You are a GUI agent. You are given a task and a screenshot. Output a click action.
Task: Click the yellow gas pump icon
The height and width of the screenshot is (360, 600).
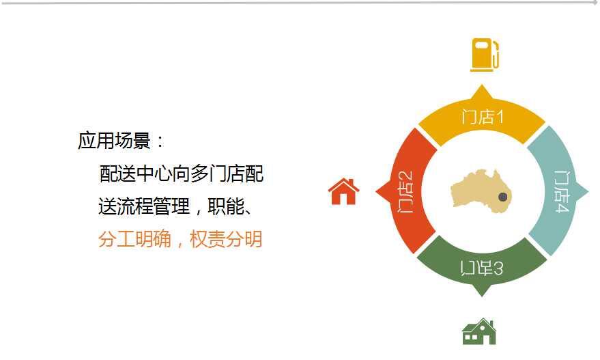pyautogui.click(x=485, y=55)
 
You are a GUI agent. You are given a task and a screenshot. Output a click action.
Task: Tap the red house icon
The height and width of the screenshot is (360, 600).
pyautogui.click(x=343, y=191)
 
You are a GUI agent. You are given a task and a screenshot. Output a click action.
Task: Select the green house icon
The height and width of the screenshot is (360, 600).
pyautogui.click(x=479, y=331)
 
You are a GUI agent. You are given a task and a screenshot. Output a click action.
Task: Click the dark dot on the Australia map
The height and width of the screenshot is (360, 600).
pyautogui.click(x=503, y=197)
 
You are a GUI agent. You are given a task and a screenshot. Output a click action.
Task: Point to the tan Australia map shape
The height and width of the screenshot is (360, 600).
pyautogui.click(x=481, y=191)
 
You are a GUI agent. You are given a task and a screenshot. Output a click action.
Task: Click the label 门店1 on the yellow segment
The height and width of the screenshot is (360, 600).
pyautogui.click(x=482, y=116)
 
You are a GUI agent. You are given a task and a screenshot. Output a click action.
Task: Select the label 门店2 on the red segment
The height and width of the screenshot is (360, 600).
pyautogui.click(x=405, y=191)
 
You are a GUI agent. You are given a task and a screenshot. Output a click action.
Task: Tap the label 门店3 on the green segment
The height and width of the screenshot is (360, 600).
pyautogui.click(x=482, y=268)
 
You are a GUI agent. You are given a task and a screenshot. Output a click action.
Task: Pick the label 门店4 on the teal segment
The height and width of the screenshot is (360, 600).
pyautogui.click(x=561, y=191)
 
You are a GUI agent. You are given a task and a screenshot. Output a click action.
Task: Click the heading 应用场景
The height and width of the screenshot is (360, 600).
pyautogui.click(x=114, y=140)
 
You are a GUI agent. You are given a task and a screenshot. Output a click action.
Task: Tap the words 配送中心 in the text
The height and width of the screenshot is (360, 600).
pyautogui.click(x=135, y=174)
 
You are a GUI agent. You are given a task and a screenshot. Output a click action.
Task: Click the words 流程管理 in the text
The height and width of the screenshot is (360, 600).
pyautogui.click(x=153, y=207)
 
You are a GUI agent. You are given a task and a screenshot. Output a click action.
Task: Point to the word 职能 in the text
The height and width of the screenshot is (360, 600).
pyautogui.click(x=226, y=207)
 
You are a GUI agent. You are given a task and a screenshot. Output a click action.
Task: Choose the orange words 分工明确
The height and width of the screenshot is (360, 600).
pyautogui.click(x=134, y=239)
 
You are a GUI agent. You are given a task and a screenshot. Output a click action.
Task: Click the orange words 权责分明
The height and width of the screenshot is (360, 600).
pyautogui.click(x=226, y=239)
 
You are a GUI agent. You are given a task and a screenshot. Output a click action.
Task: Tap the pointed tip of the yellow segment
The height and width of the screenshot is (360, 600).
pyautogui.click(x=482, y=85)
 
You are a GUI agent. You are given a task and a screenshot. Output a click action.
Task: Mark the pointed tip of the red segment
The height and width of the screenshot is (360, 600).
pyautogui.click(x=376, y=191)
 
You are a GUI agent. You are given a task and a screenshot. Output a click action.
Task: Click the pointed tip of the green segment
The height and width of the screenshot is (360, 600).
pyautogui.click(x=482, y=296)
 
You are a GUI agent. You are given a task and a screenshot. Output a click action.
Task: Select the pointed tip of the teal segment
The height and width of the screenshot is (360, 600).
pyautogui.click(x=588, y=191)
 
